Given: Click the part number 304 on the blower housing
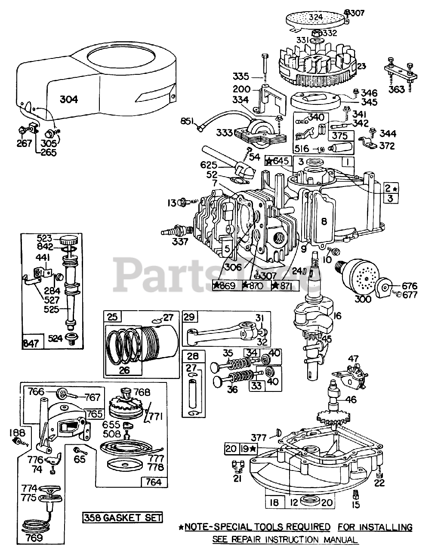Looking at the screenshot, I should click(69, 99).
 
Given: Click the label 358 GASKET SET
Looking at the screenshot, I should click(123, 517).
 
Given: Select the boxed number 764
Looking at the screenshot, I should click(153, 482).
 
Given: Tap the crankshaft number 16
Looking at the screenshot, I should click(336, 317).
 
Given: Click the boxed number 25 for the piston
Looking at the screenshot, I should click(112, 318).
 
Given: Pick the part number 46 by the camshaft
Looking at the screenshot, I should click(351, 399).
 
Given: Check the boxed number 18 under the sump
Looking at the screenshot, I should click(274, 502).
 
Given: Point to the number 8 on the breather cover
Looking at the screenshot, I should click(324, 222).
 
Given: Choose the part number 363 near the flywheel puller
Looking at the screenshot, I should click(396, 89).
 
